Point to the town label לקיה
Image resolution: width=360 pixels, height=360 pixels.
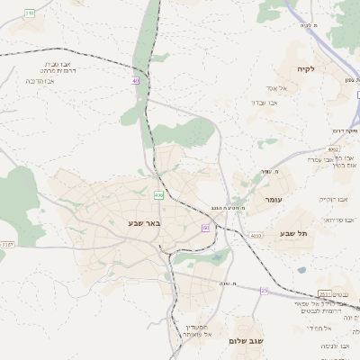[305, 68]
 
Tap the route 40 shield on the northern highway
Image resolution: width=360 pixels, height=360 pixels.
[136, 80]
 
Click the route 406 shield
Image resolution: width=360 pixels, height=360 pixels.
[158, 194]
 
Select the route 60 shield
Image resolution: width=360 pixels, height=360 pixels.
[205, 229]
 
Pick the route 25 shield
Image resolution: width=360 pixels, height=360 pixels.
[265, 291]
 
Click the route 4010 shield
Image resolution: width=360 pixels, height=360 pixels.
[256, 235]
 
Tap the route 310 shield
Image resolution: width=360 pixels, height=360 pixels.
[30, 13]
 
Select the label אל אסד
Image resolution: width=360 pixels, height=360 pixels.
[275, 88]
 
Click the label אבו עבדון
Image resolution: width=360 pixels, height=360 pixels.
[263, 103]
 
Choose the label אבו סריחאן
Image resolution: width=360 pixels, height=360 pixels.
[341, 219]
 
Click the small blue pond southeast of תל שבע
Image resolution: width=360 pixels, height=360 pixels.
[301, 270]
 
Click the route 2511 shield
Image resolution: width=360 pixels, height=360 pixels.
[325, 293]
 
